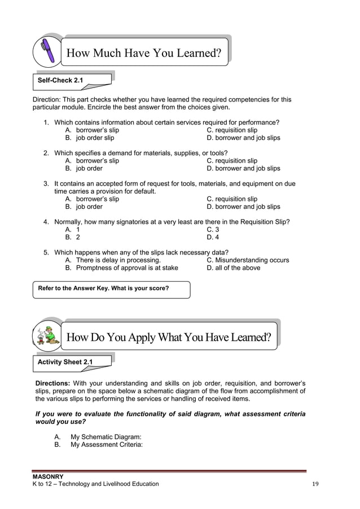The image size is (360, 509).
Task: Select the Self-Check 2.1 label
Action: point(60,81)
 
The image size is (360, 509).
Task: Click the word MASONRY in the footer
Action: point(48,477)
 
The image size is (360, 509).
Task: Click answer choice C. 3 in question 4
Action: point(213,230)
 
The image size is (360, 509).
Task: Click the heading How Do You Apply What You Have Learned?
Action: point(169,337)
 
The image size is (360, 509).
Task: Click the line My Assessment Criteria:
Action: point(106,445)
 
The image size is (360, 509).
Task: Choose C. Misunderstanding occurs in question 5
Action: point(248,260)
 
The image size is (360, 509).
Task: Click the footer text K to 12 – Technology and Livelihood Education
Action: point(96,484)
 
